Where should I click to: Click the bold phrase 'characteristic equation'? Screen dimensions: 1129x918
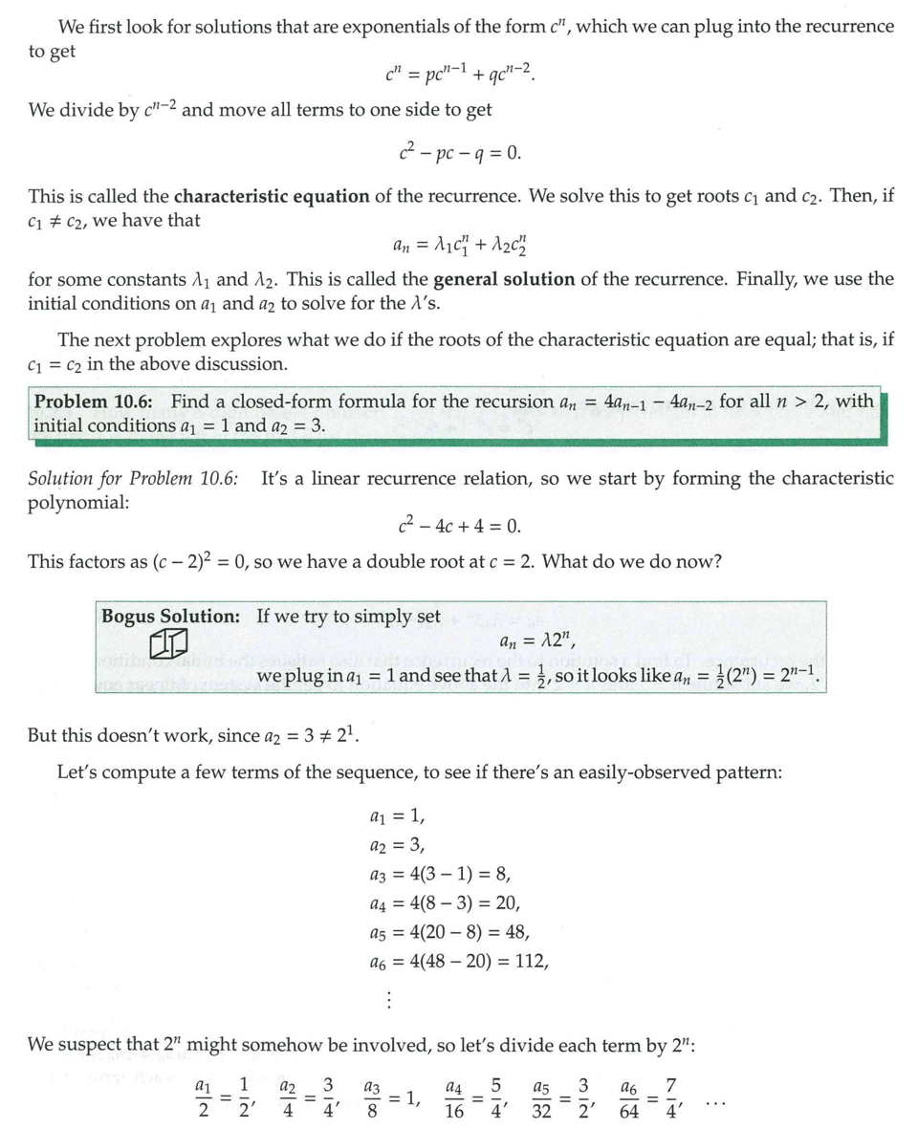pyautogui.click(x=272, y=197)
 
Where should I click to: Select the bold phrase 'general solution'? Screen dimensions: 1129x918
pyautogui.click(x=504, y=280)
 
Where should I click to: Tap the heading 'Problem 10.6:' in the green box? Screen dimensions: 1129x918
pyautogui.click(x=98, y=402)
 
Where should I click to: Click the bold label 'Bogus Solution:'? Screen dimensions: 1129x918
pyautogui.click(x=171, y=617)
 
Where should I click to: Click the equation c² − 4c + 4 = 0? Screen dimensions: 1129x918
pyautogui.click(x=459, y=526)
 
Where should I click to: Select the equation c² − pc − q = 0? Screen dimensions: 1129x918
pyautogui.click(x=459, y=154)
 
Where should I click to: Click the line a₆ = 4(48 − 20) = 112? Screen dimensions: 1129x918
pyautogui.click(x=458, y=961)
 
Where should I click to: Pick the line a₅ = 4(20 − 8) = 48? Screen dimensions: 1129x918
pyautogui.click(x=448, y=932)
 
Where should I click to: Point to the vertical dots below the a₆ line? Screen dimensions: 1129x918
pyautogui.click(x=388, y=1000)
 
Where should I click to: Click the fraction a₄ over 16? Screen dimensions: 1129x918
pyautogui.click(x=455, y=1098)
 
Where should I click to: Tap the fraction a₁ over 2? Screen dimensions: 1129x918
pyautogui.click(x=202, y=1098)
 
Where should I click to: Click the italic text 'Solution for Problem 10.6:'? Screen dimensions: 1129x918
pyautogui.click(x=133, y=478)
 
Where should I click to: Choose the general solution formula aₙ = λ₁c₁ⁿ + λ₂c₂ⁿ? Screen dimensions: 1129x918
pyautogui.click(x=459, y=244)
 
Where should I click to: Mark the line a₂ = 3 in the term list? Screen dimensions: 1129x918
pyautogui.click(x=396, y=845)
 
